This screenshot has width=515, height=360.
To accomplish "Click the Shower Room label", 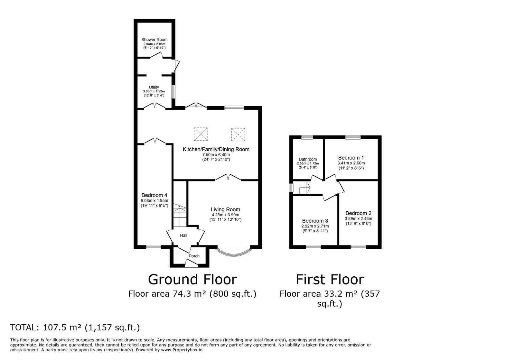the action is [x=154, y=40].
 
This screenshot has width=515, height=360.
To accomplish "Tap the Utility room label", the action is [x=154, y=87].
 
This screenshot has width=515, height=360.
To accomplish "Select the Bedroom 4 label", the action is [x=154, y=195].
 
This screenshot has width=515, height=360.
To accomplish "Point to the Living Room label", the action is [x=225, y=209].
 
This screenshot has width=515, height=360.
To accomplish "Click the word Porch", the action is [x=194, y=256].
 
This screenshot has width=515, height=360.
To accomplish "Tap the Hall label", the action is [x=183, y=235].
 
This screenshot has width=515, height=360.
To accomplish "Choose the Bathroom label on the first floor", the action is [x=308, y=159].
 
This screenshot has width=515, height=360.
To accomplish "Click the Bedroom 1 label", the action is [x=351, y=158].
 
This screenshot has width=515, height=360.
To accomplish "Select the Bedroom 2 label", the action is [x=359, y=213].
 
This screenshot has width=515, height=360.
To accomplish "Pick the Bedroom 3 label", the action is [x=315, y=221].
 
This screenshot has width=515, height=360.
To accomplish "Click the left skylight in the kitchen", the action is [x=201, y=134].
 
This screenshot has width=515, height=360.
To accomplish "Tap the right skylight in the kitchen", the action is [x=238, y=134].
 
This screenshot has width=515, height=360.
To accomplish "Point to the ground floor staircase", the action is [x=180, y=215].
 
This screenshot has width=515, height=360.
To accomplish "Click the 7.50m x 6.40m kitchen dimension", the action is [x=216, y=155].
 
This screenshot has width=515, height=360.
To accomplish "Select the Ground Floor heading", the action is [x=192, y=280].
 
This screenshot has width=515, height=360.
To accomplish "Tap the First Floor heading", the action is [x=330, y=280].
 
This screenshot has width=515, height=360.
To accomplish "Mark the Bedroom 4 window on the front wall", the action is [x=154, y=247].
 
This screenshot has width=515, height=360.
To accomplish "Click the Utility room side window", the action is [x=173, y=92].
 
